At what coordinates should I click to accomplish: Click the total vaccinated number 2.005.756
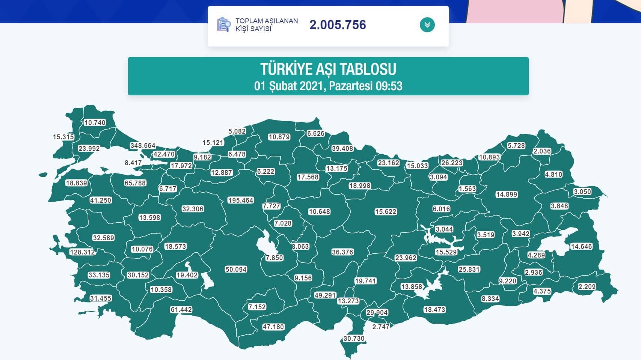338,25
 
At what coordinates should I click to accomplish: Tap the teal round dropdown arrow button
427,25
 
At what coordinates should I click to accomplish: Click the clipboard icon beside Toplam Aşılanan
223,25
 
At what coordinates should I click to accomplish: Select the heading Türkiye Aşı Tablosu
328,69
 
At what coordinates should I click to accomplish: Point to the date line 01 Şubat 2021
328,86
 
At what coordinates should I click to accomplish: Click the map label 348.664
143,146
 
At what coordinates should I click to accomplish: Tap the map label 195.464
241,200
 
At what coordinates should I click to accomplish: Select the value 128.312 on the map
82,252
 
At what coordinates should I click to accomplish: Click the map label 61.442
181,310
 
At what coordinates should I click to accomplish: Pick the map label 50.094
236,270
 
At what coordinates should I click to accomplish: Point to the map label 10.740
95,123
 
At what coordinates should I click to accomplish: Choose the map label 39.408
342,149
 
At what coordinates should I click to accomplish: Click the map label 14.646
581,247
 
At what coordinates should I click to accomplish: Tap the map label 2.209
587,287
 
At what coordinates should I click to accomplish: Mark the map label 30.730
354,339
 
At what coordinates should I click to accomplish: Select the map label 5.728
516,146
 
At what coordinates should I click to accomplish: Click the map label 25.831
469,270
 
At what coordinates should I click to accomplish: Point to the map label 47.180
273,327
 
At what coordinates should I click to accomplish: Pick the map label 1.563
467,189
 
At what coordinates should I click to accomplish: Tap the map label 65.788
135,183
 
